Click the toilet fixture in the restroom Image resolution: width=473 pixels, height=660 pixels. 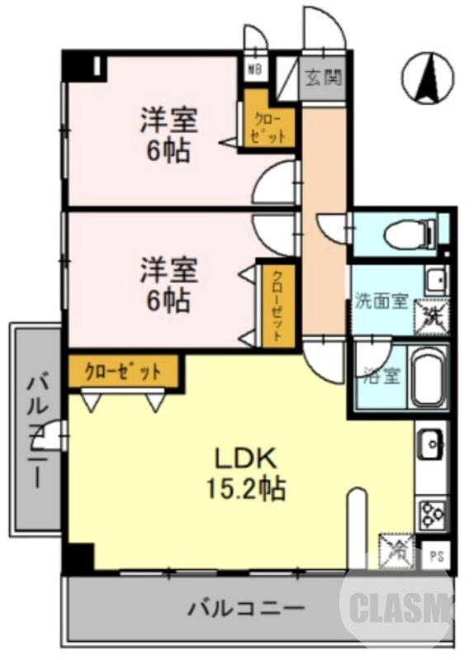pos(409,233)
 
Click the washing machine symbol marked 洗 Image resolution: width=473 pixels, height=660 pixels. pos(431,314)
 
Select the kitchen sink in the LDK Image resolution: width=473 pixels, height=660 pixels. pos(432,447)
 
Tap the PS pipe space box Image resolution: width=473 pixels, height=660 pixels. pos(435,557)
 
